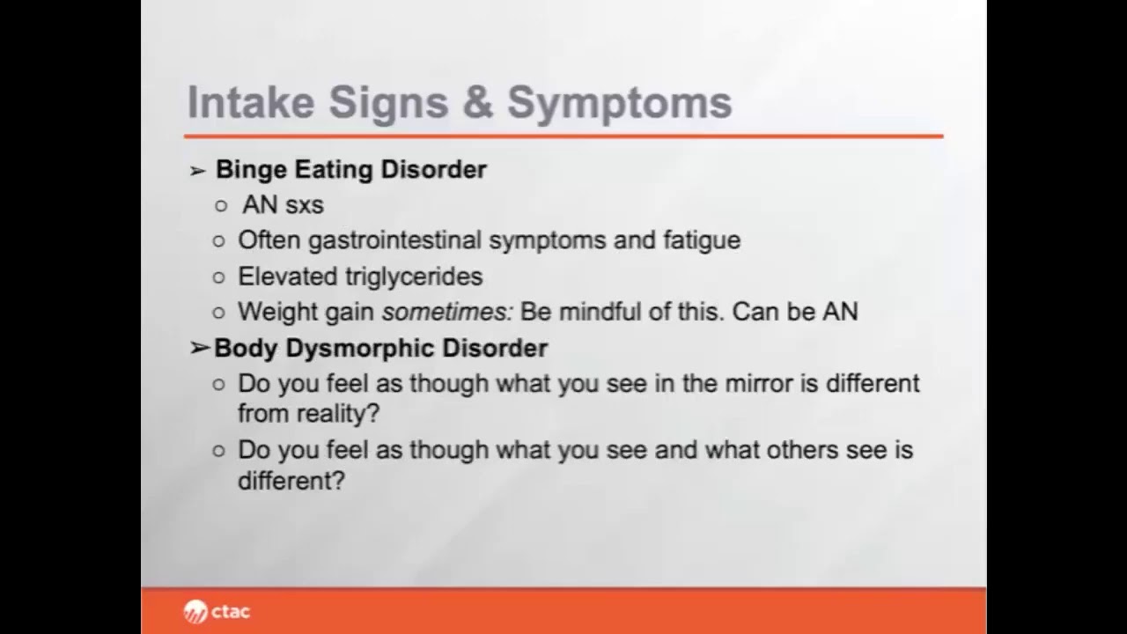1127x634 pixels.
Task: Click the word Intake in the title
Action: coord(250,102)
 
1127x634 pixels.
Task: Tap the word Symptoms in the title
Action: coord(619,104)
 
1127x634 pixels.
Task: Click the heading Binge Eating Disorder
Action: coord(350,169)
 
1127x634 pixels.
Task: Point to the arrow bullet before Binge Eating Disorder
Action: coord(198,170)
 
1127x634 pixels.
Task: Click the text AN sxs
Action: coord(283,205)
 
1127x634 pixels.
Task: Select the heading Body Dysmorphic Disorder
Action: coord(380,349)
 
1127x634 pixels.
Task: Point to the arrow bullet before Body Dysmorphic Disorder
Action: coord(199,349)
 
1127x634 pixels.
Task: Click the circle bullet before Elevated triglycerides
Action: coord(220,277)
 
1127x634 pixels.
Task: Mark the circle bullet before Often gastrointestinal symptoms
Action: coord(220,241)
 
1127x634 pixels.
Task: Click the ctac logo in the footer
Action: coord(217,611)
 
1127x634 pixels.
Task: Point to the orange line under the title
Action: coord(563,136)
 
